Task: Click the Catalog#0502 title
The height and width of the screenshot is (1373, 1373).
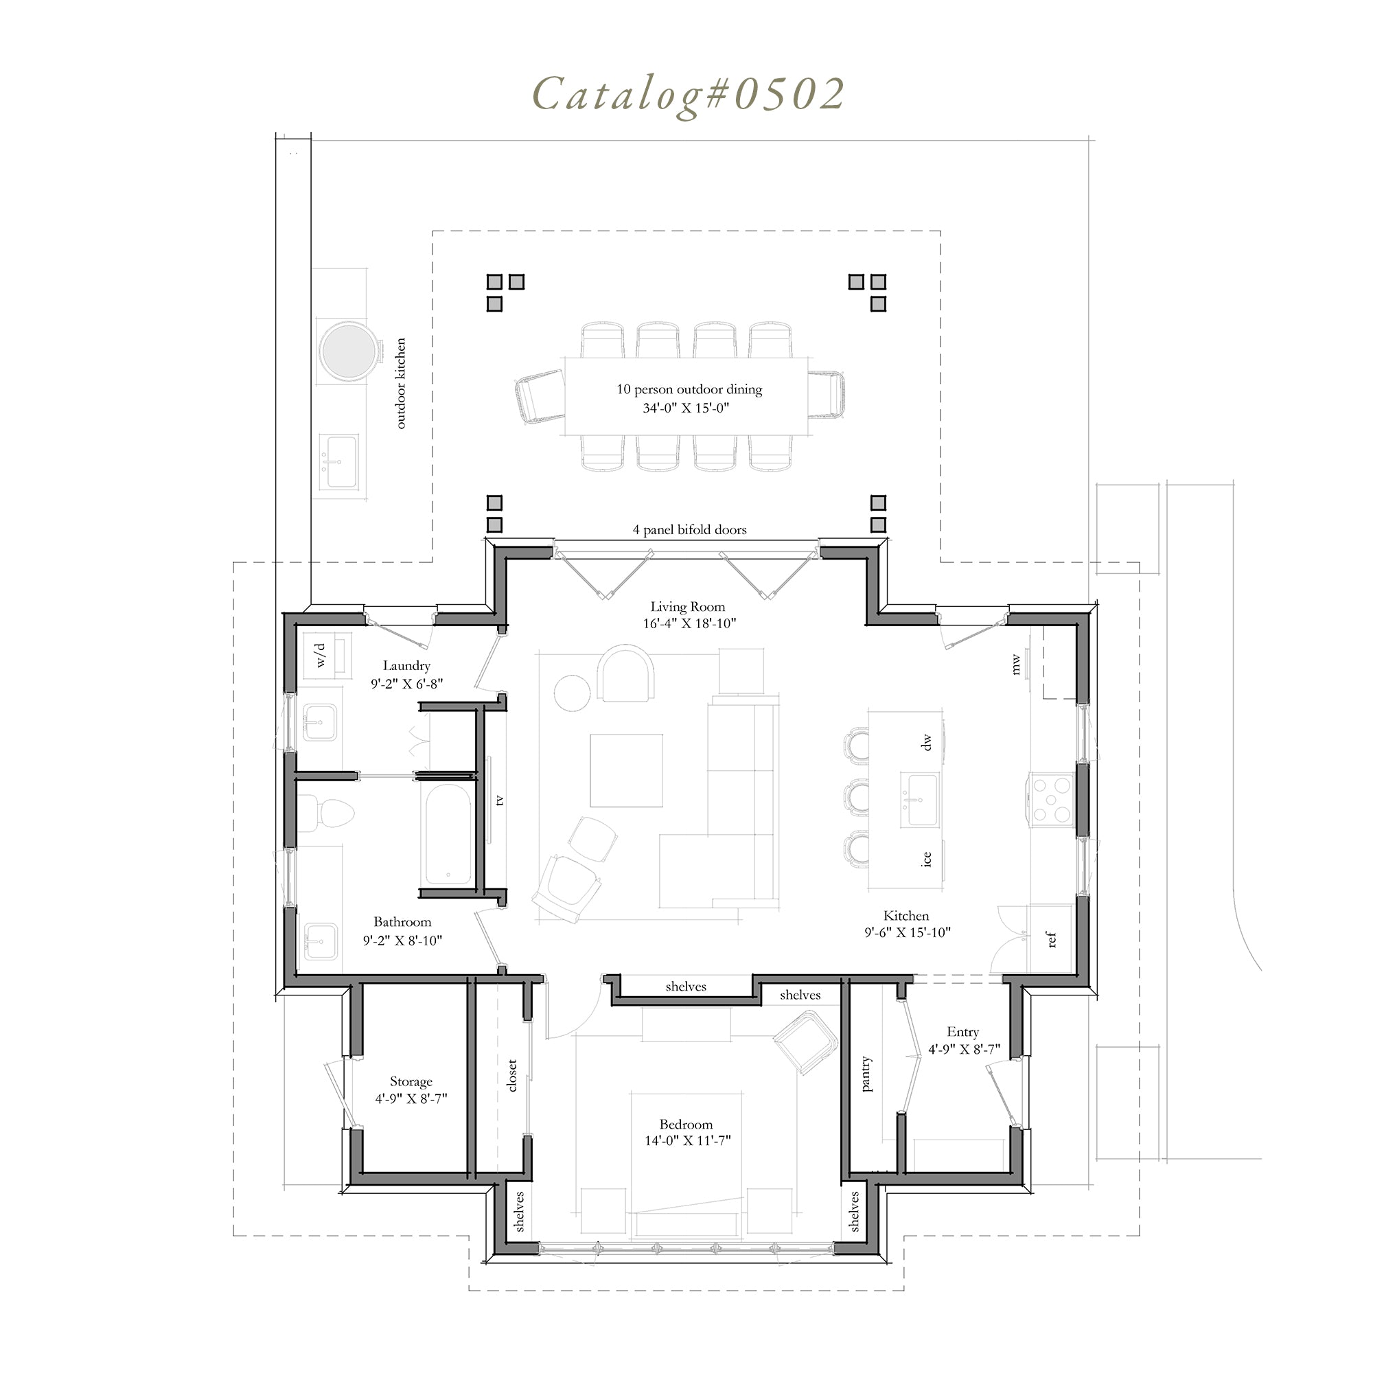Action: pyautogui.click(x=688, y=94)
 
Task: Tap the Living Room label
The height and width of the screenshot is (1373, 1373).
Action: pyautogui.click(x=688, y=607)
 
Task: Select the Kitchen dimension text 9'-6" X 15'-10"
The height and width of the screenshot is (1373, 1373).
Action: pyautogui.click(x=908, y=933)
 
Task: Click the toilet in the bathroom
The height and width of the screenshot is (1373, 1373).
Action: pyautogui.click(x=325, y=813)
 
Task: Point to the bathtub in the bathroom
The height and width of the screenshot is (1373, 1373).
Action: pyautogui.click(x=447, y=833)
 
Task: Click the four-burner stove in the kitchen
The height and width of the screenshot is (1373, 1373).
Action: pyautogui.click(x=1052, y=800)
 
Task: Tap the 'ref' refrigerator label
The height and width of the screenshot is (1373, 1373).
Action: pyautogui.click(x=1052, y=940)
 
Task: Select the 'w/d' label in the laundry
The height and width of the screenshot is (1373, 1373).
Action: pyautogui.click(x=321, y=655)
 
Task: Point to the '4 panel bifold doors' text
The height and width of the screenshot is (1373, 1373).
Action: pyautogui.click(x=689, y=529)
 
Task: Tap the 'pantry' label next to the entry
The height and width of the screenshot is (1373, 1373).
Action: pyautogui.click(x=866, y=1073)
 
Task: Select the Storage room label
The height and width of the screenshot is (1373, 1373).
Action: pyautogui.click(x=411, y=1082)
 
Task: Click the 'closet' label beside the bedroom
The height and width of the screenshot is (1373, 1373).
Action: pyautogui.click(x=512, y=1075)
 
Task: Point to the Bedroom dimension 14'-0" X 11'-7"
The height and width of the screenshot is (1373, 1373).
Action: pyautogui.click(x=686, y=1140)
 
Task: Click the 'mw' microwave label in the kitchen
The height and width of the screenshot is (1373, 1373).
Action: pyautogui.click(x=1015, y=665)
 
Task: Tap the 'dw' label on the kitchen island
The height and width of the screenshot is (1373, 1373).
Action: pyautogui.click(x=925, y=743)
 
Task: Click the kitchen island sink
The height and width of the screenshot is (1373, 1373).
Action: pyautogui.click(x=921, y=800)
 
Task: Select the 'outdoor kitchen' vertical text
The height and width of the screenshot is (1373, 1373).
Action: pyautogui.click(x=401, y=384)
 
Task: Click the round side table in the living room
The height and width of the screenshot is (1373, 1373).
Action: pyautogui.click(x=572, y=691)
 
